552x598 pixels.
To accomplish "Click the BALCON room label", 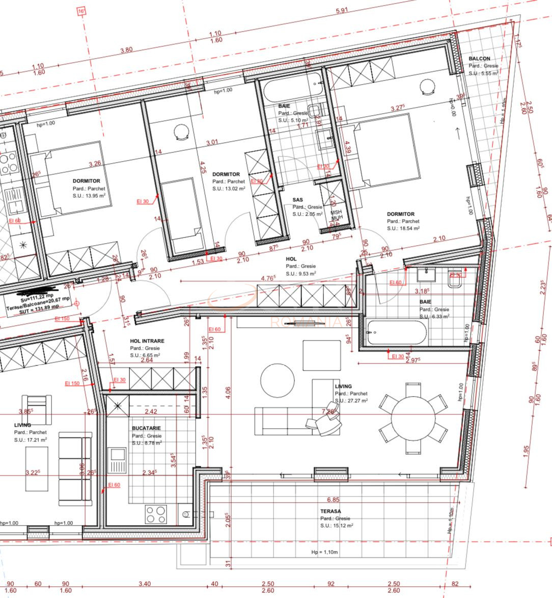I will [479, 59].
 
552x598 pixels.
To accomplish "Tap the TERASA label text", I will [330, 511].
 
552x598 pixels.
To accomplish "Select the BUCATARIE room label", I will [147, 429].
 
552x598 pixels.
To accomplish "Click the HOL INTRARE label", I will [147, 341].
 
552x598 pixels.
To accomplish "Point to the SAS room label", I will [298, 200].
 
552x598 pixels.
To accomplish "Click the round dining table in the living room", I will [412, 418].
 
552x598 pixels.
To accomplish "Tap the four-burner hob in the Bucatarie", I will [156, 514].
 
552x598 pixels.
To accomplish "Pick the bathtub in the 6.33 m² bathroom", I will [396, 332].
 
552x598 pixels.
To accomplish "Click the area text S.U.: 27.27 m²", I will [351, 401].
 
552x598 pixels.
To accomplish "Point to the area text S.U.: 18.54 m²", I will [403, 228].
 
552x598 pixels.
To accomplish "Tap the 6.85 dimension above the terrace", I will [333, 500].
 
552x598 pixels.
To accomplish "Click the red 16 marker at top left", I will [81, 12].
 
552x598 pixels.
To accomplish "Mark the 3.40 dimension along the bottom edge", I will [144, 584].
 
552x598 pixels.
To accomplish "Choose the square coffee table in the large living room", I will [321, 355].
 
